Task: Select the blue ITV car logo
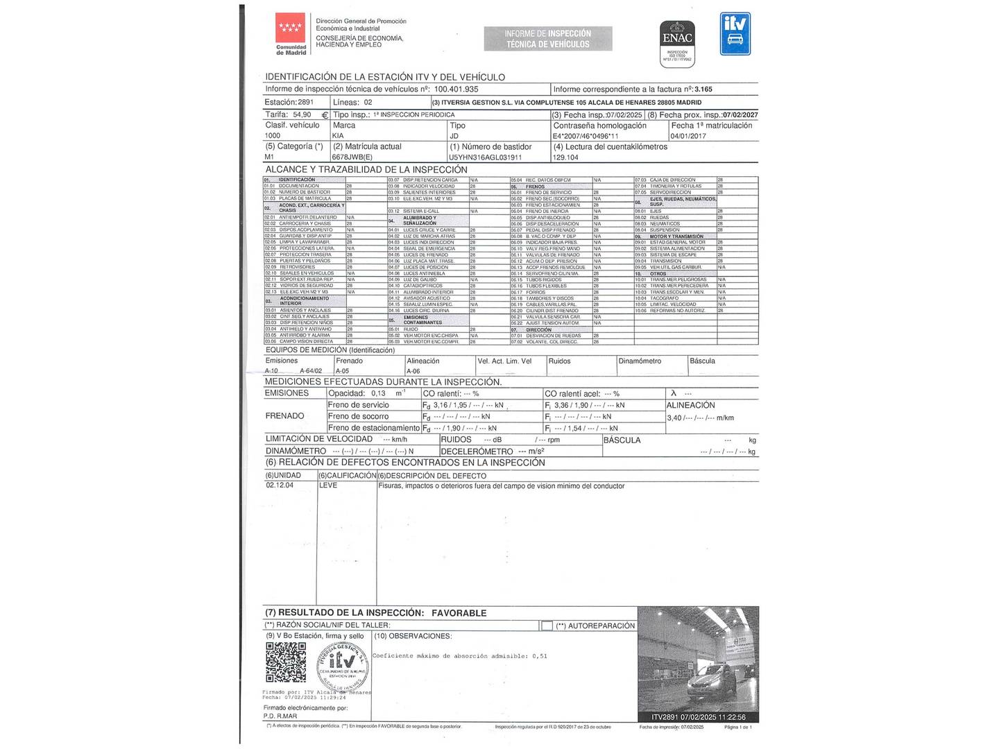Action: click(x=735, y=33)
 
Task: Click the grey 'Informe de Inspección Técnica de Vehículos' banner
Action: click(x=548, y=39)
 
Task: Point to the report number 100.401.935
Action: click(x=456, y=89)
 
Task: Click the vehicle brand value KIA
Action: click(x=338, y=136)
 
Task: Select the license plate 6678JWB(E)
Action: click(x=352, y=157)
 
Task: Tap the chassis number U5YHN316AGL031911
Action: click(x=485, y=157)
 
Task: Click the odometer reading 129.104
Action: click(x=565, y=157)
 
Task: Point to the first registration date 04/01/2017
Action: click(x=688, y=136)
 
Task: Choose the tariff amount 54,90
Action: click(x=302, y=114)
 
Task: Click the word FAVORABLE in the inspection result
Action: click(x=459, y=613)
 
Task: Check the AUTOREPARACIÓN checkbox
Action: click(x=547, y=626)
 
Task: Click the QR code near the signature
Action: click(x=286, y=662)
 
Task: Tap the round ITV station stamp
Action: click(x=343, y=664)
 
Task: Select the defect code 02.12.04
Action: click(x=280, y=485)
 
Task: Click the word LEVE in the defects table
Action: click(x=328, y=485)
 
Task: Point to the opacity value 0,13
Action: click(x=378, y=393)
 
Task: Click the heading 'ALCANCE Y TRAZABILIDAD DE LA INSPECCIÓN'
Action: click(x=366, y=170)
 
